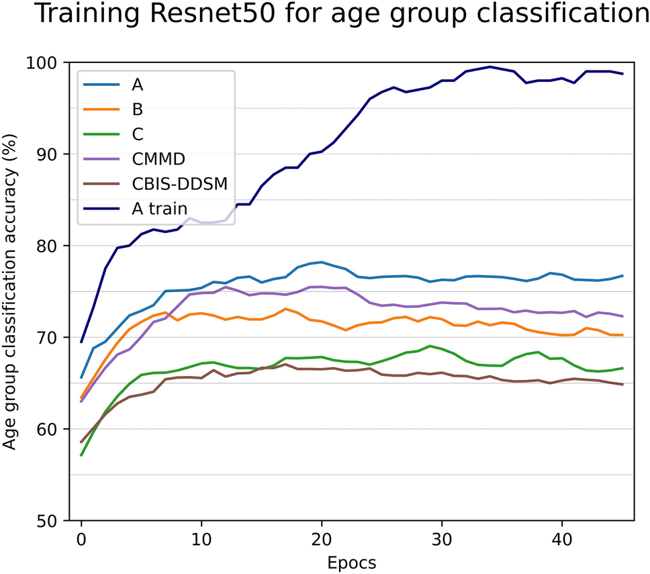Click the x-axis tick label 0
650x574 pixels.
tap(81, 538)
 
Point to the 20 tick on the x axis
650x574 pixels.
tap(322, 538)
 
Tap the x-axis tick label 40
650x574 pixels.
tap(563, 538)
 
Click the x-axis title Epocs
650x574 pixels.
tap(352, 561)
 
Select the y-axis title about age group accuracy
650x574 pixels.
tap(12, 291)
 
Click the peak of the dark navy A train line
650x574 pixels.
tap(490, 66)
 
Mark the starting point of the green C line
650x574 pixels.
tap(81, 455)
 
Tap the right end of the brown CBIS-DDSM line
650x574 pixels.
tap(622, 385)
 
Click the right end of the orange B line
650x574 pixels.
tap(622, 335)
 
